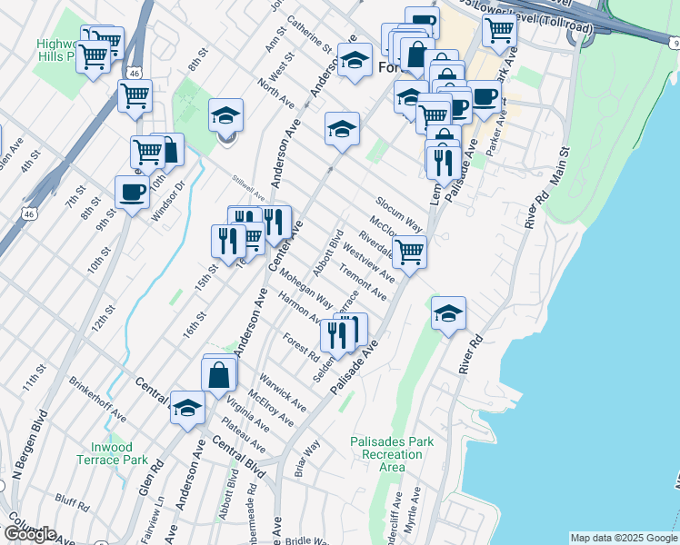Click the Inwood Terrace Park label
pos(118,453)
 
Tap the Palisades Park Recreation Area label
pos(392,454)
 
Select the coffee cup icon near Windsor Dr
pos(133,193)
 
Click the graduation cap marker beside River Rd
pos(448,313)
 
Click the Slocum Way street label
pos(400,212)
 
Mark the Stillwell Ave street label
pos(247,193)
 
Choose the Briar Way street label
pos(306,458)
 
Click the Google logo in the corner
pos(29,534)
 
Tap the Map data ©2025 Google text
pos(623,538)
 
